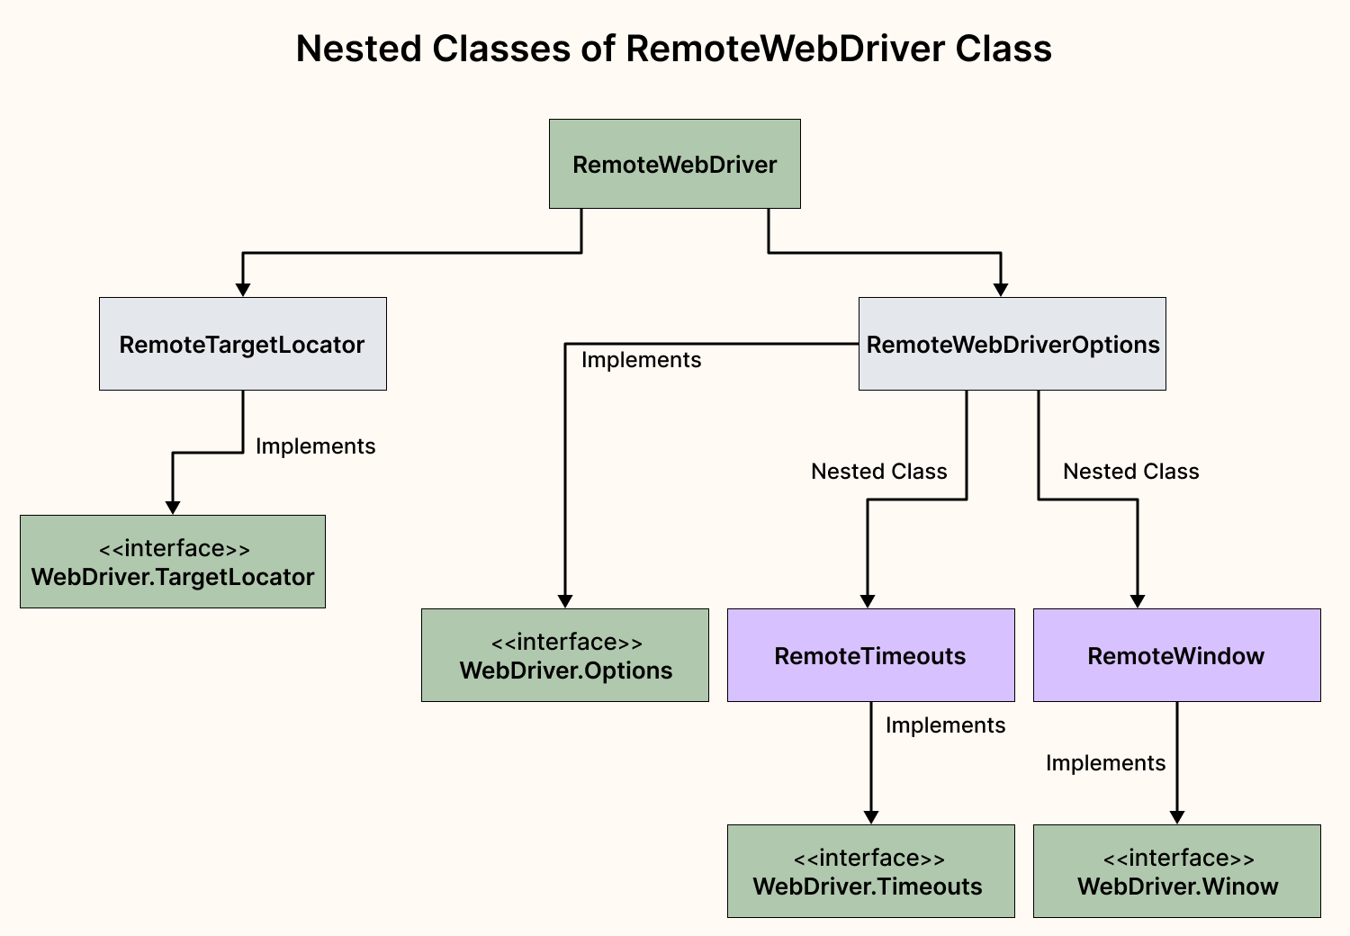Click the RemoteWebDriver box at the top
pos(674,164)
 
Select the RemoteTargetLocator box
pos(242,344)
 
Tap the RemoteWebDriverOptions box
pos(1012,344)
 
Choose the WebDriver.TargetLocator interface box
pos(172,562)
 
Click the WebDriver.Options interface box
pos(564,655)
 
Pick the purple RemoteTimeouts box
pos(869,655)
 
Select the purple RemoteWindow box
pos(1175,655)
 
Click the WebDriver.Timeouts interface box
pos(869,871)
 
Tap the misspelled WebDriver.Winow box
pos(1175,871)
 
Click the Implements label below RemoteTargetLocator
pos(315,446)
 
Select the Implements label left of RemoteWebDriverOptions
pos(641,360)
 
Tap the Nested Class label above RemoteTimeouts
pos(878,472)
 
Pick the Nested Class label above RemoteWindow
pos(1130,472)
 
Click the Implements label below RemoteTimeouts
pos(945,725)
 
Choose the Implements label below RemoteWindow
pos(1105,763)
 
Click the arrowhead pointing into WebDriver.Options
pos(565,601)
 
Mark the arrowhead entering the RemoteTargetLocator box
pos(243,290)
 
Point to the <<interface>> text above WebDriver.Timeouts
pos(869,858)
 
